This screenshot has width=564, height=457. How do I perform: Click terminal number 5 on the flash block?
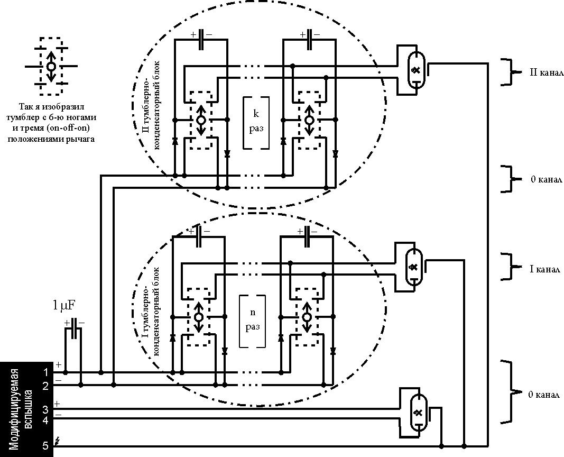45,446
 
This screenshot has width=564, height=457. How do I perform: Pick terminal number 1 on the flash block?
45,372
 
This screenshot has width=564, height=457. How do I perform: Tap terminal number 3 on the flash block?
45,408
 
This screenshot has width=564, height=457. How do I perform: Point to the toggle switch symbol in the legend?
51,67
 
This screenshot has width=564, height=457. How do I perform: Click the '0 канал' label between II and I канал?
546,179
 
